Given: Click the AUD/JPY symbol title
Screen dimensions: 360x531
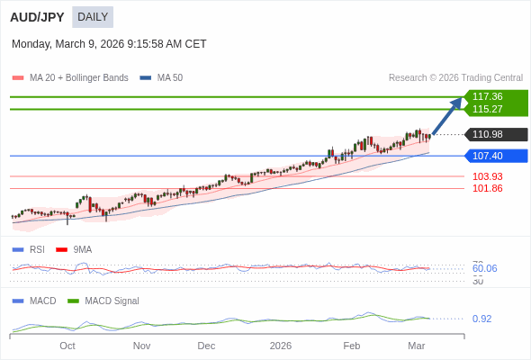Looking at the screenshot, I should click(37, 17).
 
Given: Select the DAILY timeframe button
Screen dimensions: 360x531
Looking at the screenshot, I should click(93, 17).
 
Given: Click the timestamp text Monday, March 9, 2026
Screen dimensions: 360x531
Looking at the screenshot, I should click(109, 44).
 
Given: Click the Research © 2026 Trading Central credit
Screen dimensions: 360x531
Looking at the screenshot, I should click(455, 78).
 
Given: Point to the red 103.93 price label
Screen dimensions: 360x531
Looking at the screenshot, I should click(487, 176).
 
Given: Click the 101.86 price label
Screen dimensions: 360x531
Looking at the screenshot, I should click(487, 188).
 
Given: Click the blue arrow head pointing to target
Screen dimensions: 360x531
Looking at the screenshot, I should click(457, 102).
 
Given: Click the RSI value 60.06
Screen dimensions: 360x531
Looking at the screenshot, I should click(484, 268).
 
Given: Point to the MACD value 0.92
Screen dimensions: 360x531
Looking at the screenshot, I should click(481, 319).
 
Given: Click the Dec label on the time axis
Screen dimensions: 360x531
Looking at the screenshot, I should click(206, 346).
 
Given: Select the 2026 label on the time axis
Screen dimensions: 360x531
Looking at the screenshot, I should click(281, 346).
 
